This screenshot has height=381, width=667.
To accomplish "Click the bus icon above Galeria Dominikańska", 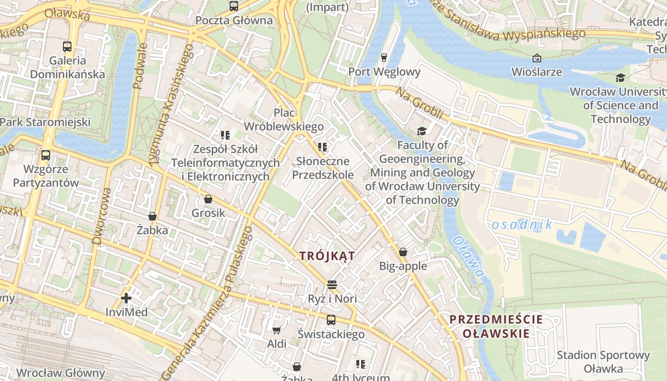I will coord(67,47).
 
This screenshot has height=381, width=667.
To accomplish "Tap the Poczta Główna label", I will coord(234,20).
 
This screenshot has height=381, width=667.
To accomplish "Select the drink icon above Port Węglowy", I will coord(384,58).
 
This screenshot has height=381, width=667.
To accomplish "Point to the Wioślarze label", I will coord(536,72).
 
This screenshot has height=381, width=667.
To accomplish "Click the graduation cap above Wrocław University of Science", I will coord(620,78).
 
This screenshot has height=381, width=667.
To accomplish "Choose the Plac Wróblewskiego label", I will coord(284,120).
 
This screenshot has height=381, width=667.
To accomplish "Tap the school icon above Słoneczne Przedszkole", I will coord(323,147).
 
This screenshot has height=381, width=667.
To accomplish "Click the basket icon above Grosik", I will coord(208,199).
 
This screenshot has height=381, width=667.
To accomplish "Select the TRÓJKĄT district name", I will coord(327,256).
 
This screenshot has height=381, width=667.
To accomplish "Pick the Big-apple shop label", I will coord(403,266).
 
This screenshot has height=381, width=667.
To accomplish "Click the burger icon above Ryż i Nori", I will coord(332,285).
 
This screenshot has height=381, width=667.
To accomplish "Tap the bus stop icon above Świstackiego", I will coord(331,320).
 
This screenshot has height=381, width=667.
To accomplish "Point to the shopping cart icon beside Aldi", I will coord(276,330).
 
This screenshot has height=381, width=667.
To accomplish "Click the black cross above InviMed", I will coord(126,298).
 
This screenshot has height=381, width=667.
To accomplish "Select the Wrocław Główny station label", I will coord(61,372).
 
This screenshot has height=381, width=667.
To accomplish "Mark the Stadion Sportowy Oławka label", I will coord(603,362).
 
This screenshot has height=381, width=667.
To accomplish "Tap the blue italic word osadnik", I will coord(521,225).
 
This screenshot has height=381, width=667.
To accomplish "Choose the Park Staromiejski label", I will coord(45,122).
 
